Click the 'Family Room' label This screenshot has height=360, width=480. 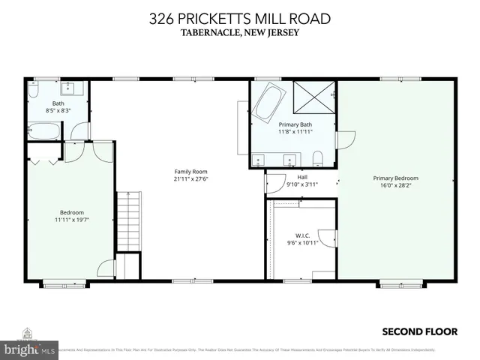190,171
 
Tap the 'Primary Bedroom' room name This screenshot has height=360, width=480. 395,178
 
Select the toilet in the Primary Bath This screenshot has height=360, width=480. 318,157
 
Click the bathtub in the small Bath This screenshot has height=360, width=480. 46,132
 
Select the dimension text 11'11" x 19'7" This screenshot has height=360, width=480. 72,220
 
